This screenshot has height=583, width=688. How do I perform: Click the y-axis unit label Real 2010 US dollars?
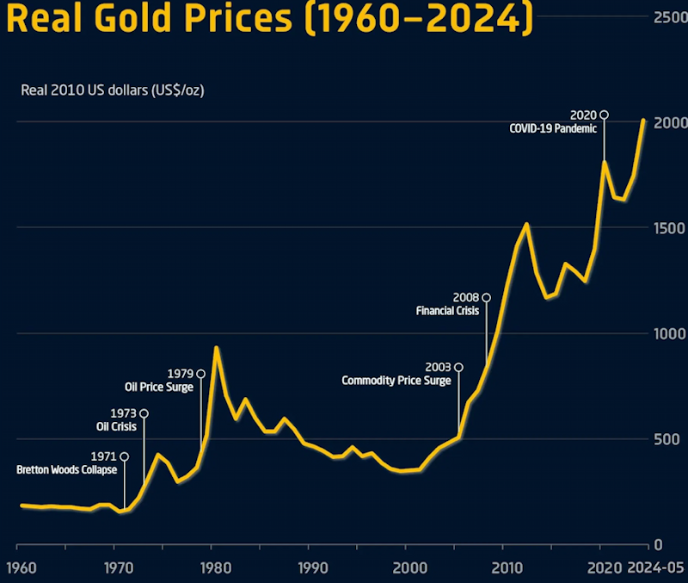(x=112, y=89)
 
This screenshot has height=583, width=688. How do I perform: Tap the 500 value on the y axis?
(x=666, y=439)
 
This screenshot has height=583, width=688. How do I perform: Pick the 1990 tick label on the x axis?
(x=312, y=567)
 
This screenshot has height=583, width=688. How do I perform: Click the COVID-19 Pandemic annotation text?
(x=552, y=128)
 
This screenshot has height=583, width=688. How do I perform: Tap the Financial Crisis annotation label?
(x=447, y=311)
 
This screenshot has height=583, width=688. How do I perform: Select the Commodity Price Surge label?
(x=396, y=381)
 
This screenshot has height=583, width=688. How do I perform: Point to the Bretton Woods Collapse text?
(x=67, y=470)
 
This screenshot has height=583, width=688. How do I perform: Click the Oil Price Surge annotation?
(x=159, y=388)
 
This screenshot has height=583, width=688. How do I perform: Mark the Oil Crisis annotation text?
(x=116, y=426)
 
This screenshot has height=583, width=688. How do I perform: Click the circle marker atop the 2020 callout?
(x=604, y=115)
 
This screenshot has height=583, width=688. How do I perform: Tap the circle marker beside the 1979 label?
(x=200, y=374)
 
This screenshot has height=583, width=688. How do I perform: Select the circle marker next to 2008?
(x=486, y=298)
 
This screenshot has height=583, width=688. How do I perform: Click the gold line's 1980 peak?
(x=217, y=348)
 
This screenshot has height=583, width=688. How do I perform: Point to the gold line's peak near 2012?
(x=526, y=225)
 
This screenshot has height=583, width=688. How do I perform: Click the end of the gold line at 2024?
(x=643, y=121)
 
